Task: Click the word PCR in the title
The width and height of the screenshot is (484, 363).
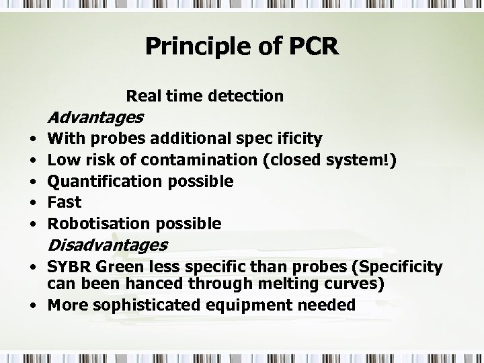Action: [313, 46]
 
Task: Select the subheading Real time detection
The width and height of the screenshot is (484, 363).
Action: [205, 96]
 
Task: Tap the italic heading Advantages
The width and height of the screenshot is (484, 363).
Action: [95, 118]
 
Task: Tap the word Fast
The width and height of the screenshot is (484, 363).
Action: [65, 202]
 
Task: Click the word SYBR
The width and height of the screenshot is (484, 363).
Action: [69, 268]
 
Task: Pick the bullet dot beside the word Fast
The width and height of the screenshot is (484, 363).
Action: [33, 202]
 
